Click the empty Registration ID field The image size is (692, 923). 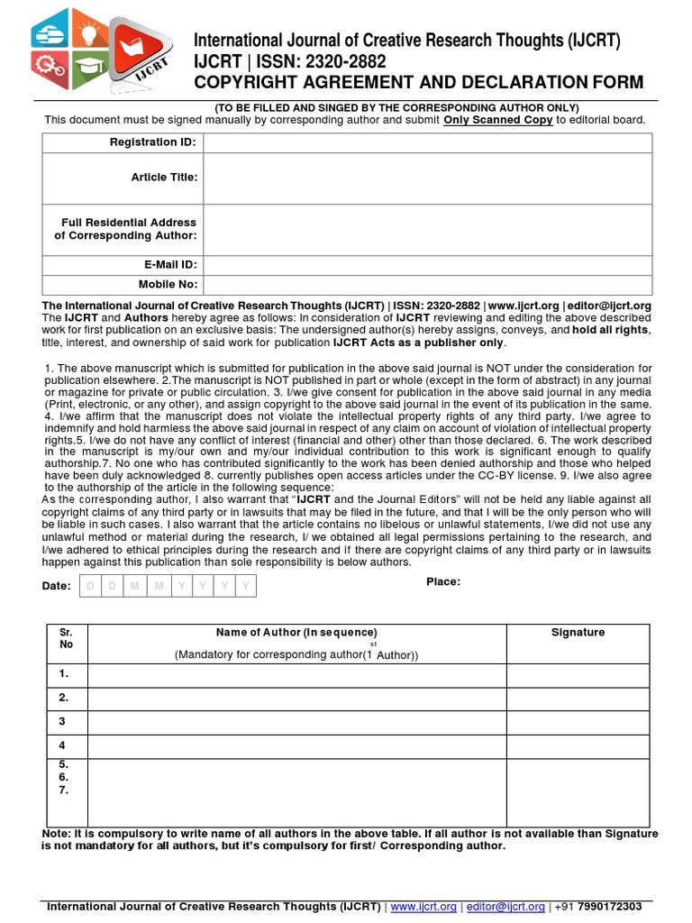point(427,142)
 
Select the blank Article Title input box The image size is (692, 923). point(427,178)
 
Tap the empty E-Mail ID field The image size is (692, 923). point(427,265)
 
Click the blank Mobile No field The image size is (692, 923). point(427,285)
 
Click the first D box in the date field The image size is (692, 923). point(89,587)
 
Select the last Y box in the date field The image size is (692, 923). point(246,587)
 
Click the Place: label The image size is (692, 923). point(443,581)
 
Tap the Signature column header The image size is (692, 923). point(578,633)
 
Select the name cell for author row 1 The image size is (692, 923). point(296,674)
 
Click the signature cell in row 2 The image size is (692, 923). point(578,699)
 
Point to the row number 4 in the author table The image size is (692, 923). point(63,745)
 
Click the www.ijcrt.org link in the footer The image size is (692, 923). point(423,906)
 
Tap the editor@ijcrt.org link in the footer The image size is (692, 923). point(505,906)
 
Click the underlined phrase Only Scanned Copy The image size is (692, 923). point(498,120)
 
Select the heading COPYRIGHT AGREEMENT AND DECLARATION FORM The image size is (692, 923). point(419,83)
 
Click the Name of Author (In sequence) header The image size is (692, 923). point(296,633)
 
